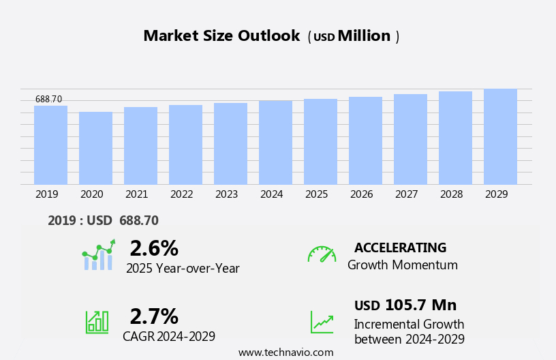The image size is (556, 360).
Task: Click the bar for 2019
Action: click(50, 145)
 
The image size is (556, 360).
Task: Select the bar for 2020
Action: click(95, 148)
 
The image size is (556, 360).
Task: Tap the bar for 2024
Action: click(275, 142)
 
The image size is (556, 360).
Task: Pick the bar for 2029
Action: click(500, 136)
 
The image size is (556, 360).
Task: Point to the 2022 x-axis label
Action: click(181, 194)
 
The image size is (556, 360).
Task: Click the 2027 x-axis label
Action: click(406, 194)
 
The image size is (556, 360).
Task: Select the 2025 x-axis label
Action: click(316, 194)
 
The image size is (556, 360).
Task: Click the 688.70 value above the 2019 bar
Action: click(48, 100)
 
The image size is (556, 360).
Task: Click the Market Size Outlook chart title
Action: click(221, 36)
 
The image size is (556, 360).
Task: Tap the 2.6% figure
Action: click(154, 248)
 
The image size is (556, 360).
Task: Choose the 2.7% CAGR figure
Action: click(154, 316)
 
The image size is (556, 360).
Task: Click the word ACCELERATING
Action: click(400, 247)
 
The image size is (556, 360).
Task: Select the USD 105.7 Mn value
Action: click(405, 305)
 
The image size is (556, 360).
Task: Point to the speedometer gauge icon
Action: click(322, 254)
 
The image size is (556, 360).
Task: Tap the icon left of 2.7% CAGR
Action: click(97, 321)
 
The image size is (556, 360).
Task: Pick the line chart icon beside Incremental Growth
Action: click(322, 322)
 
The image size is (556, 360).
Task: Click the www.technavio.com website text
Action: click(285, 352)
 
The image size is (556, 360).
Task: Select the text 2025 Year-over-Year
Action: click(183, 269)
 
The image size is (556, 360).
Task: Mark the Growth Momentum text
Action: click(402, 265)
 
